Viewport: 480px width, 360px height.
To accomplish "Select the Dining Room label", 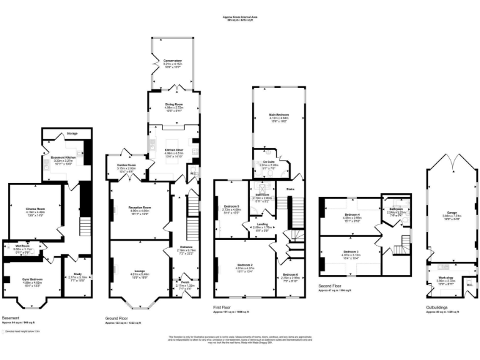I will click(173, 104).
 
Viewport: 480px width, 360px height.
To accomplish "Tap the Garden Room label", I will click(127, 166).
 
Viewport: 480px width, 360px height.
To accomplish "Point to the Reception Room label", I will click(141, 207).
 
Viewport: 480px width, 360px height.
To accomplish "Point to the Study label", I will click(77, 273).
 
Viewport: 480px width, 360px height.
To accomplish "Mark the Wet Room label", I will click(22, 246).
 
